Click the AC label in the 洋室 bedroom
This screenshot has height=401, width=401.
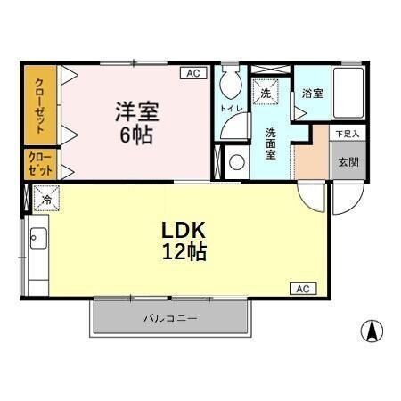click(x=192, y=75)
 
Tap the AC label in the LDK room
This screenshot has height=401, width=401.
click(x=303, y=288)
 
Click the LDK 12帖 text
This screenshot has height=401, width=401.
click(x=184, y=241)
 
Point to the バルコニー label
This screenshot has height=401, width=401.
click(x=169, y=318)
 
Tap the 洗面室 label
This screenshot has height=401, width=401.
click(x=271, y=143)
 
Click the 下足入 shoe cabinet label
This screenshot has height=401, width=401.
click(x=347, y=134)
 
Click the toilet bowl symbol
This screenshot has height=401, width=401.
click(x=230, y=86)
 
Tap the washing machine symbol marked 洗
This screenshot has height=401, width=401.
click(x=265, y=89)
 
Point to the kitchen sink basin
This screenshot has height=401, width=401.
click(x=38, y=238)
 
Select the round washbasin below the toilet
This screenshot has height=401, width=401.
click(x=237, y=162)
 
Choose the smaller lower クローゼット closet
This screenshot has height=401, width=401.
click(x=37, y=164)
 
